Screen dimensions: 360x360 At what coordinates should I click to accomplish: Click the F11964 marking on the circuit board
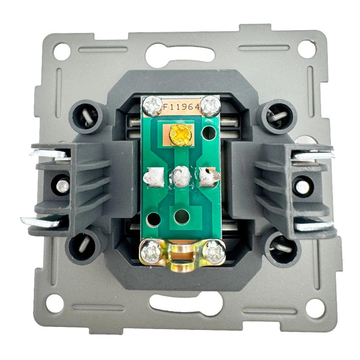tap(181, 107)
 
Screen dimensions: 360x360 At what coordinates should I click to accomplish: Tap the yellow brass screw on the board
tap(181, 135)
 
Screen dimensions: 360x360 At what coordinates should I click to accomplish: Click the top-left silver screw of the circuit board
tap(152, 106)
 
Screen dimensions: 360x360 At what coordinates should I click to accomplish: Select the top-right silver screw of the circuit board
tap(211, 106)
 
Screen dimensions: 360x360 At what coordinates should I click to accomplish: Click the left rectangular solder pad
tap(154, 176)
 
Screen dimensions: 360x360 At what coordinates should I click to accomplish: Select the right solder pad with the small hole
tap(208, 177)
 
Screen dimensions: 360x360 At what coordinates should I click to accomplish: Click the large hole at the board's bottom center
tap(182, 217)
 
